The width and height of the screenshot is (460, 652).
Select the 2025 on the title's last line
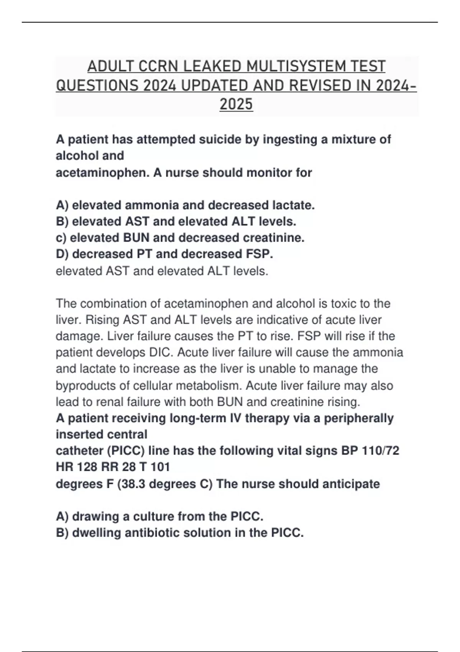236,104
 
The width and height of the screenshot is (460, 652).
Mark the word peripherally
359,418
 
